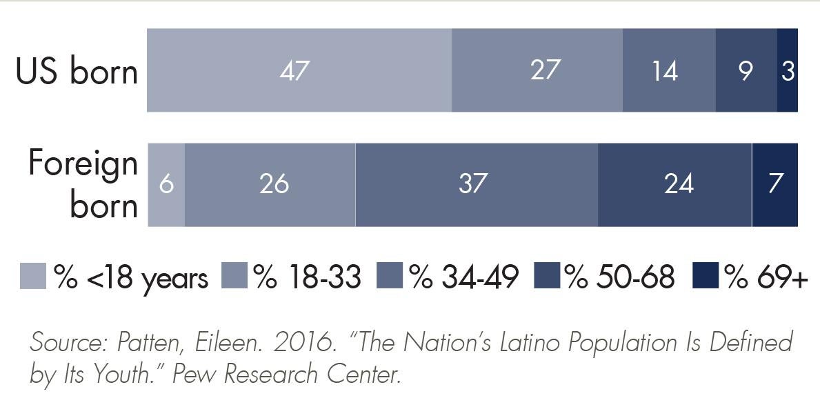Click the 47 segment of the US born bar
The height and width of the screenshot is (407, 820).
(x=299, y=70)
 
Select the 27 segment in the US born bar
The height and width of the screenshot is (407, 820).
(x=537, y=70)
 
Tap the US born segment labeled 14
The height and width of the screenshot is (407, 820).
(x=669, y=70)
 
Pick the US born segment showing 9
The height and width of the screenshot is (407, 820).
(x=746, y=70)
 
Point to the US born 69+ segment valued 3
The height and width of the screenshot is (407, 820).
(x=788, y=70)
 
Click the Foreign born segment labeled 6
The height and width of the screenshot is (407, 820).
(x=166, y=185)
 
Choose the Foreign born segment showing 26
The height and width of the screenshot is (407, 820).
(x=270, y=185)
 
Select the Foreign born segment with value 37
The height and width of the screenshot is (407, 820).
(x=477, y=185)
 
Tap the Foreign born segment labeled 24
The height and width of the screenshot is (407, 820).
(x=674, y=185)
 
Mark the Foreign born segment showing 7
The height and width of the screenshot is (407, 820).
(x=775, y=185)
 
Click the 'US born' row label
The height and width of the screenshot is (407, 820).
(x=77, y=72)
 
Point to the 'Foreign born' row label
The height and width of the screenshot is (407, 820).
(x=83, y=184)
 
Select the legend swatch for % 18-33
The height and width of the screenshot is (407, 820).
(x=234, y=276)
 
